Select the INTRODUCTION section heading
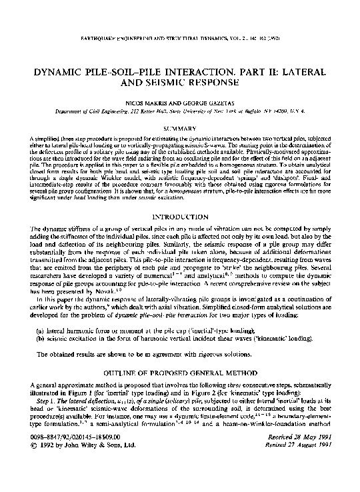[x=179, y=217]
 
